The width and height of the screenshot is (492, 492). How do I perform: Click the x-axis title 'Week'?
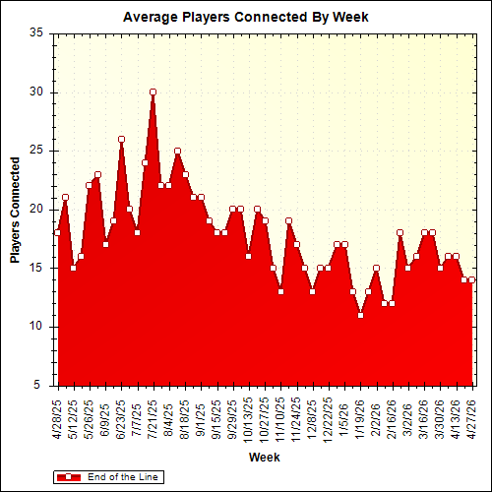click(263, 458)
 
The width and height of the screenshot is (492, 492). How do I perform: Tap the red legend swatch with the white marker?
click(70, 476)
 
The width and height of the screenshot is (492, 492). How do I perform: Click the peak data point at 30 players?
click(153, 92)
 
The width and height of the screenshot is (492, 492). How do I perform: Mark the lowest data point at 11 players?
click(360, 315)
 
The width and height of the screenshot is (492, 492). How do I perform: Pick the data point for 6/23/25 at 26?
click(121, 139)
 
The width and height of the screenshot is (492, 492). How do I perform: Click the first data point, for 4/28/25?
click(57, 232)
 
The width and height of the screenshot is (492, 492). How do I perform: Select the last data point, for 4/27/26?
click(471, 279)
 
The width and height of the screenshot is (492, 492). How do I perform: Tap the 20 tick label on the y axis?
click(36, 209)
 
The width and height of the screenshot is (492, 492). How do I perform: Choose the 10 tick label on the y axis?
click(36, 327)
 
